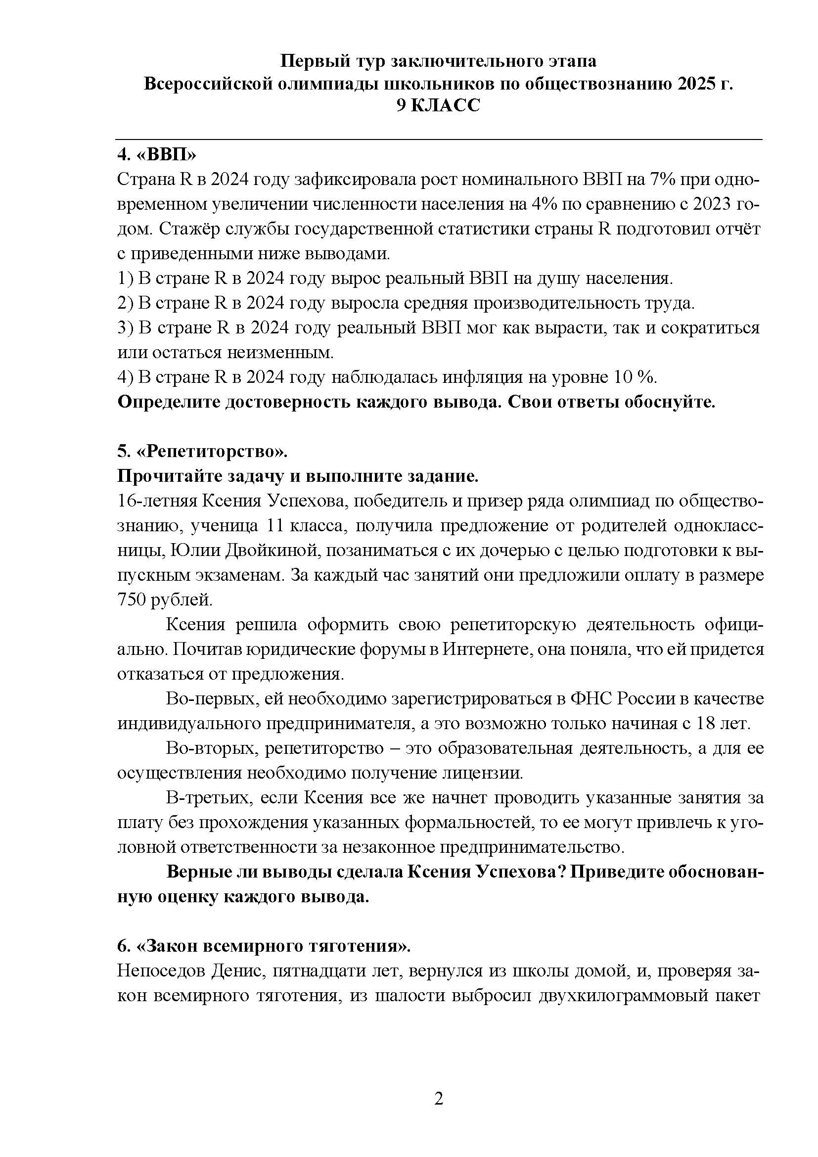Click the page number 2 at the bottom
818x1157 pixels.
438,1099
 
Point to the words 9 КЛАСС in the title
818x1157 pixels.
438,106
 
